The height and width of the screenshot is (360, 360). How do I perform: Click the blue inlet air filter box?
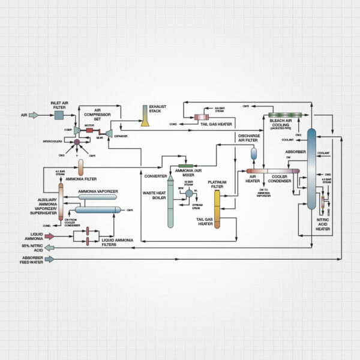pos(59,114)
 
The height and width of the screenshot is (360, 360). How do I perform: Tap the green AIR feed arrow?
pos(34,115)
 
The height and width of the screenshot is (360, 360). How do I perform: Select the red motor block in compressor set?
pos(89,130)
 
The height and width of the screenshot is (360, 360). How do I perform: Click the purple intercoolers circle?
pos(77,142)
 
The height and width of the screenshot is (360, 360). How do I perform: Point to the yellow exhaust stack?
pos(145,116)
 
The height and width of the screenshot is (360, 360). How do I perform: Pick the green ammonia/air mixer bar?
pos(185,165)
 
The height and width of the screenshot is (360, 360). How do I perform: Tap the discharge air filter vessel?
pos(253,152)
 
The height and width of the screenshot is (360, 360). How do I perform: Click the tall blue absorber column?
pos(311,168)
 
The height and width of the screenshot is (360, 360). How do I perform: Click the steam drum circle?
pos(189,193)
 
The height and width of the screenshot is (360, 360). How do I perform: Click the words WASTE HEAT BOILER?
pos(154,195)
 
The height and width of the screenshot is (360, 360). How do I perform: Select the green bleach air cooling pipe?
pos(284,115)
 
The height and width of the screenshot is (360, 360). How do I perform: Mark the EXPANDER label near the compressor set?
pos(120,136)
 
